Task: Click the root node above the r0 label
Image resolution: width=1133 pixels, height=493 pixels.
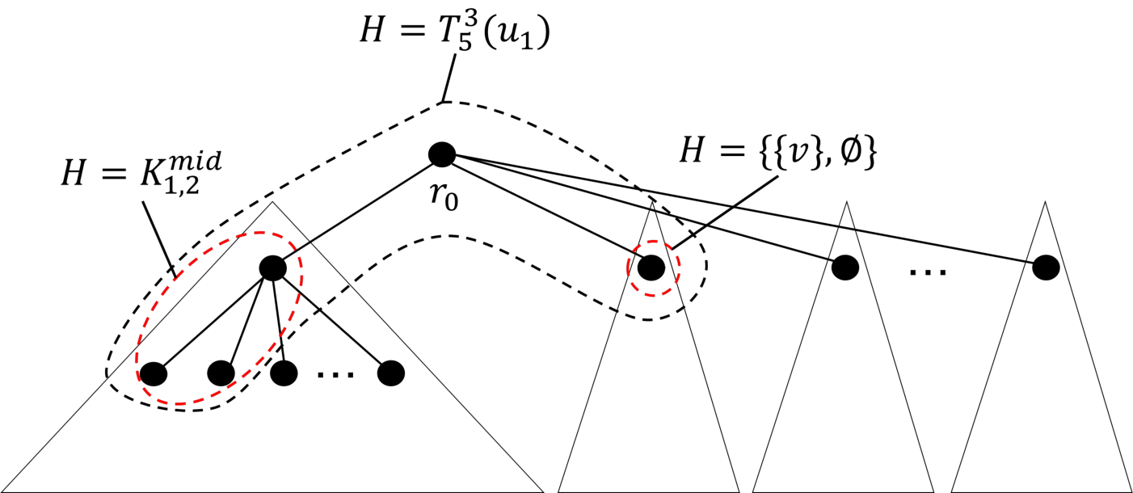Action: (x=442, y=154)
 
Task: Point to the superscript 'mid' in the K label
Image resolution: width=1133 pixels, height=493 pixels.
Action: (x=196, y=163)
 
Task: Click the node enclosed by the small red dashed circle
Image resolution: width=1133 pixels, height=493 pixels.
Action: (x=651, y=268)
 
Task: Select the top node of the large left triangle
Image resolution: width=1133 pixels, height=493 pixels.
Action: (x=272, y=268)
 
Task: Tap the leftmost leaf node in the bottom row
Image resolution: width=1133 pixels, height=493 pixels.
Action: (x=154, y=373)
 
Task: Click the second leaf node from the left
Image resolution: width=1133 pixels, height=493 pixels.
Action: (x=221, y=373)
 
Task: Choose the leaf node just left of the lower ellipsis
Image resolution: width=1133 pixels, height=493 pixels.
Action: (x=284, y=373)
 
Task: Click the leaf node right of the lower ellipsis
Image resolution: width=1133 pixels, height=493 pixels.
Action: (x=391, y=373)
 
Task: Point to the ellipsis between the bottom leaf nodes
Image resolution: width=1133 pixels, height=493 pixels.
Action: (x=335, y=375)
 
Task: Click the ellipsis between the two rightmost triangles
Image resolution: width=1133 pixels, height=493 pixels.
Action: (x=928, y=272)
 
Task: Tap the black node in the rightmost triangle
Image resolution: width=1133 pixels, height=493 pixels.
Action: (x=1046, y=268)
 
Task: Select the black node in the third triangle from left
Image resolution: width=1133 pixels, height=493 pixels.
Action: (x=845, y=268)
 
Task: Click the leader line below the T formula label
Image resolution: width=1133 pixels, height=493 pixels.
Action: (x=449, y=78)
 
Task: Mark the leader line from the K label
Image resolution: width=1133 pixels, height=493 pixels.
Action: (x=159, y=238)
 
